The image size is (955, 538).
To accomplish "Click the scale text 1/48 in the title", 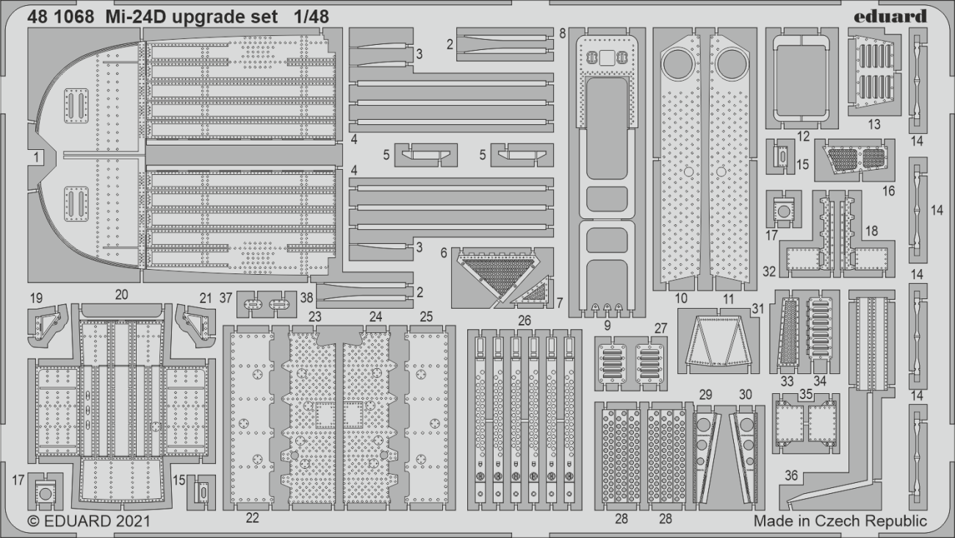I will [x=309, y=16].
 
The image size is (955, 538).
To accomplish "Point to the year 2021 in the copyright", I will [x=131, y=521].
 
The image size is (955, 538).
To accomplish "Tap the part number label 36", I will [x=791, y=476].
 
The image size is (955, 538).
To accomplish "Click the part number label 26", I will [x=524, y=320].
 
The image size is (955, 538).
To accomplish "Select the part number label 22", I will [x=253, y=518].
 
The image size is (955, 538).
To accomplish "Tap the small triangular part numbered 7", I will [x=537, y=293].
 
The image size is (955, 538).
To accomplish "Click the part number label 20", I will [x=122, y=294].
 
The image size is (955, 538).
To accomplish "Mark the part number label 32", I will [x=769, y=271].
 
